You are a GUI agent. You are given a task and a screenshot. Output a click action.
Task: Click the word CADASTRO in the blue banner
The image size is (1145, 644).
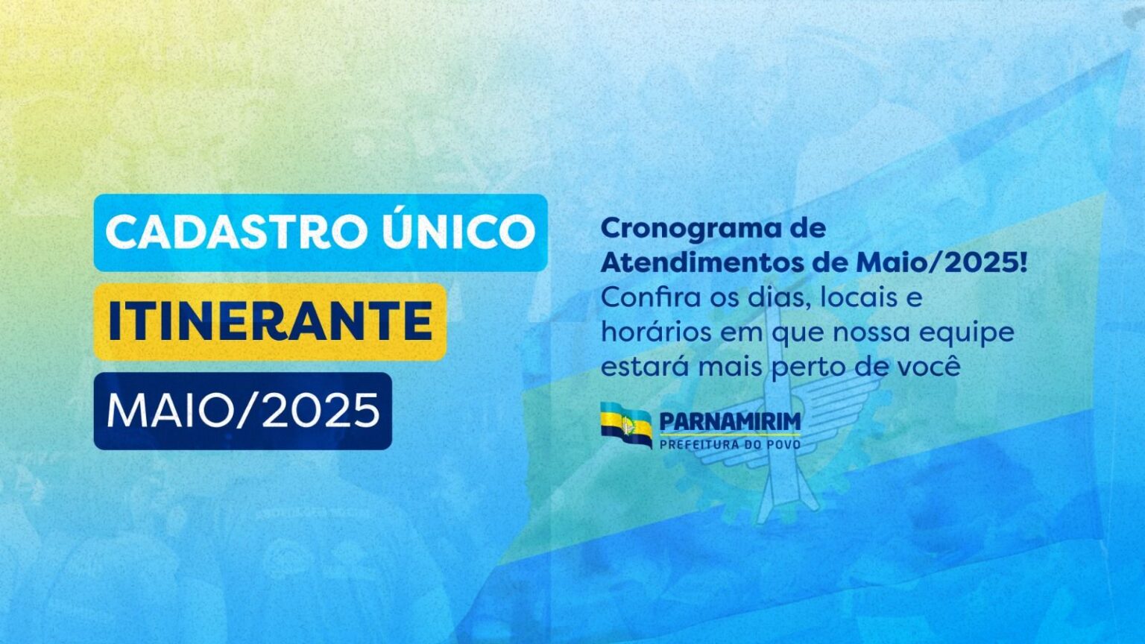[236, 233]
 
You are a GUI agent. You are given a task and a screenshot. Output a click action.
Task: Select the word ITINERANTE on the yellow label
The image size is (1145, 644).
[271, 321]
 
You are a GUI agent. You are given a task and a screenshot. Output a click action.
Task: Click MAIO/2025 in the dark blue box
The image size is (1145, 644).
[243, 411]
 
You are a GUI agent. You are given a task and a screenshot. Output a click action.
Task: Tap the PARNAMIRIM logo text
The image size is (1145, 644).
[730, 422]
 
